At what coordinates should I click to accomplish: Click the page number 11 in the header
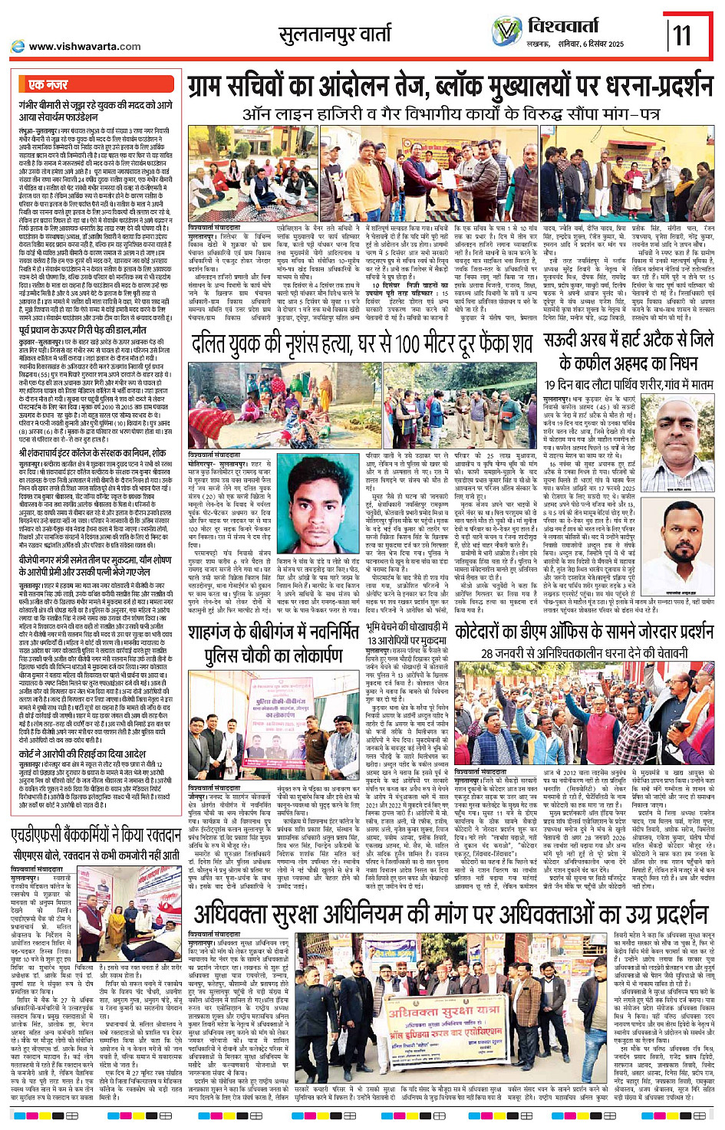click(x=682, y=35)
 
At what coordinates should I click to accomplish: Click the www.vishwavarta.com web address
click(x=84, y=47)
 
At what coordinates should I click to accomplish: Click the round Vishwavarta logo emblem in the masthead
click(x=506, y=31)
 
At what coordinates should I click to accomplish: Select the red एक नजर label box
click(x=48, y=84)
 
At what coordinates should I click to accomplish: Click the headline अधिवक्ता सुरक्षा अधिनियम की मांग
click(x=450, y=914)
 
